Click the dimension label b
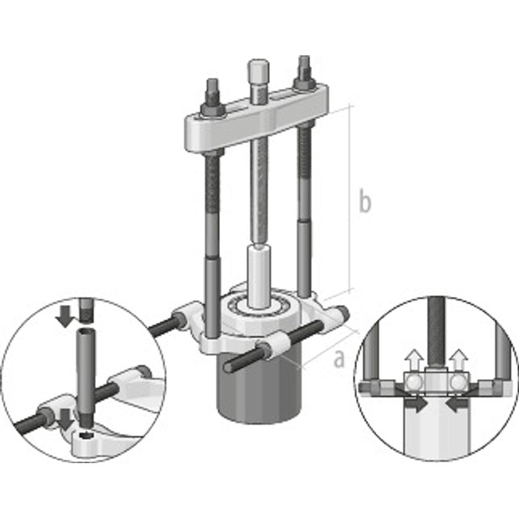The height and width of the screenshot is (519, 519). coord(364,202)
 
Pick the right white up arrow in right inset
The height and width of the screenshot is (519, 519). coord(459,360)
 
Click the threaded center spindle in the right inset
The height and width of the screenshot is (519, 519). coord(436,331)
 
